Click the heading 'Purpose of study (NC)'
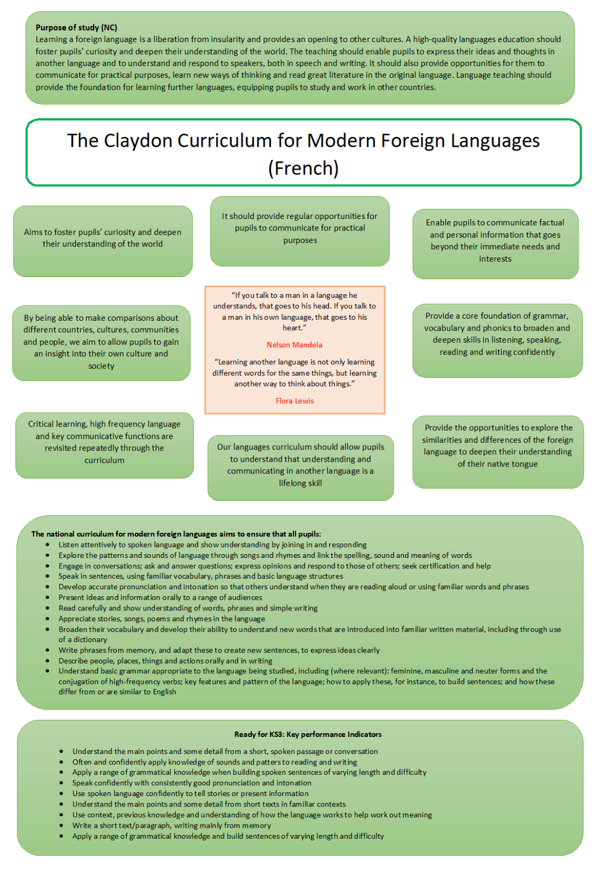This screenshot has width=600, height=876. pos(76,27)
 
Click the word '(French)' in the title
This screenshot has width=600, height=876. pos(303,168)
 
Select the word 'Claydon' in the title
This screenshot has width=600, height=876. pos(138,140)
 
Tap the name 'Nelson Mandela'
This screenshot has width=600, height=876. pos(295,344)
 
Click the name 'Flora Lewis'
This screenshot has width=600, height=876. pos(295,400)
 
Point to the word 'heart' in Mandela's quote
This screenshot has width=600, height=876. pos(292,328)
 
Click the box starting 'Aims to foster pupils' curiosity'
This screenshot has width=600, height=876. pos(103,241)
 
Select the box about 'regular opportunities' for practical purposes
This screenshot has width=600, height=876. pos(299,231)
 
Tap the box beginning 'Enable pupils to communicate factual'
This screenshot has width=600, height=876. pos(495,244)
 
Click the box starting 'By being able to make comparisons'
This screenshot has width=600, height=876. pos(101,343)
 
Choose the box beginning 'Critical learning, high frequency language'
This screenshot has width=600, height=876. pos(105,445)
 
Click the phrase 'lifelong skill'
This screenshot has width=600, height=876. pos(301,483)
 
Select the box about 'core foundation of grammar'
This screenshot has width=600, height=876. pos(498,341)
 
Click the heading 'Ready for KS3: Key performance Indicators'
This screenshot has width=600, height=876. pos(308,734)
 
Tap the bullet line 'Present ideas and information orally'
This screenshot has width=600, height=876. pos(160,597)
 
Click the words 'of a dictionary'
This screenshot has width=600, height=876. pos(83,639)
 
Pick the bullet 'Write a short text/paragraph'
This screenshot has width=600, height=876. pos(172,825)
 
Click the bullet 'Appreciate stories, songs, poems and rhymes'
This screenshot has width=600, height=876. pos(161,619)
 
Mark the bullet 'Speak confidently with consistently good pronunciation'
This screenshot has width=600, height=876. pos(192,783)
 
